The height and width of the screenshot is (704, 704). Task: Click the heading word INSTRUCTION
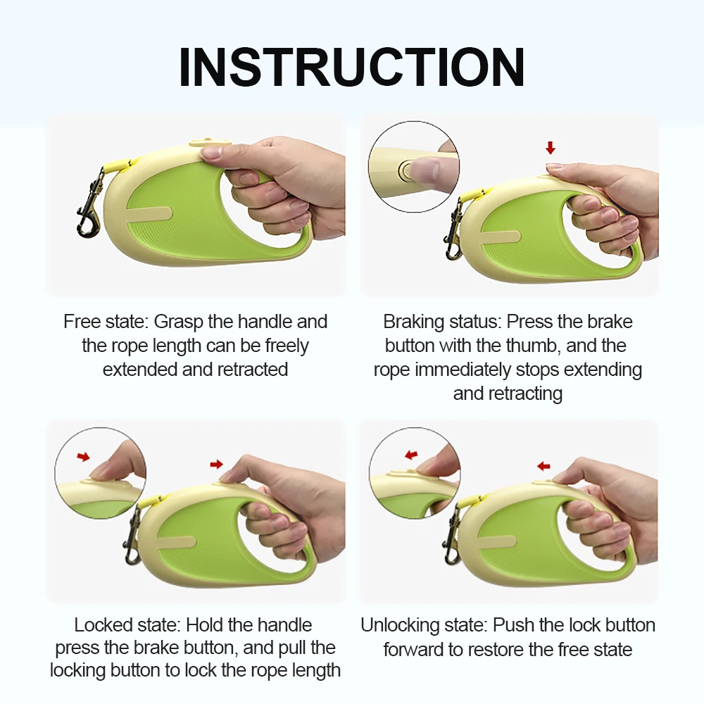coord(351,68)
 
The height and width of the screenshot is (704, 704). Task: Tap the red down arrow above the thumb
coord(551,148)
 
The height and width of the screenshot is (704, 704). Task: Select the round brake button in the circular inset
coord(405,170)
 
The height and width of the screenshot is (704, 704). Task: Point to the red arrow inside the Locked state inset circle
coord(83,457)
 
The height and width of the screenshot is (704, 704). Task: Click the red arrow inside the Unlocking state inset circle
coord(411,455)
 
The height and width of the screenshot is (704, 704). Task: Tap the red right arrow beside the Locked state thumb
coord(216,464)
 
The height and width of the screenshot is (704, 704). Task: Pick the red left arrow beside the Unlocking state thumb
coord(543,466)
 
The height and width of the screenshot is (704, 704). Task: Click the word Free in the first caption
coord(81,322)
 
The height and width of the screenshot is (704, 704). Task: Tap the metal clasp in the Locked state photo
coord(132,535)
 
